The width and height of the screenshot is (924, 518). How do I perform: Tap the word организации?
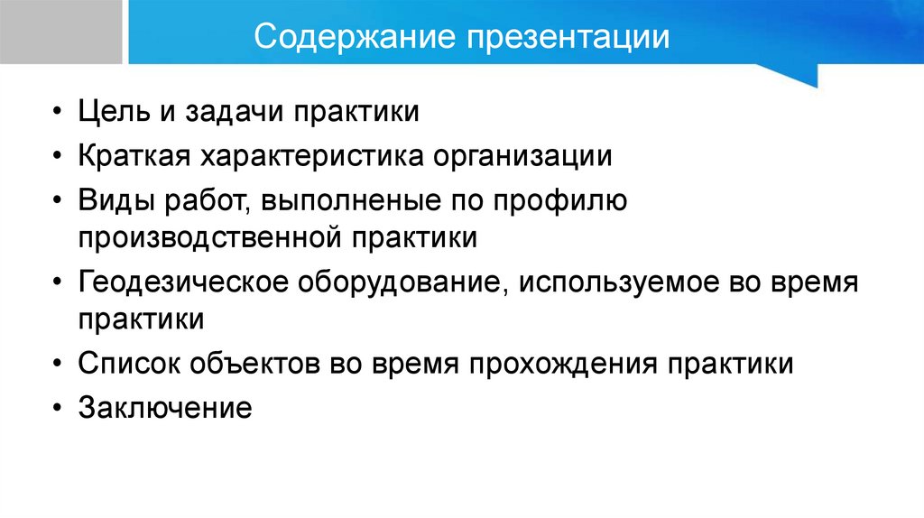coord(535,156)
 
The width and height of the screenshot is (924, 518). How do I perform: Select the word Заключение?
coord(164,406)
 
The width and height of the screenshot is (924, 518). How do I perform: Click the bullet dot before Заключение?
coord(59,407)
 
